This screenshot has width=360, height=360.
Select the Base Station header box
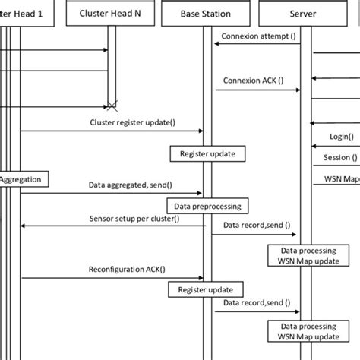click(206, 13)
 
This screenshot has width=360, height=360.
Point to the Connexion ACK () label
click(253, 81)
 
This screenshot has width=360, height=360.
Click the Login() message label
click(339, 136)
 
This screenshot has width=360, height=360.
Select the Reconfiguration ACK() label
click(127, 270)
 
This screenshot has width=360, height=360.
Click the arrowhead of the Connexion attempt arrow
click(216, 44)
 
